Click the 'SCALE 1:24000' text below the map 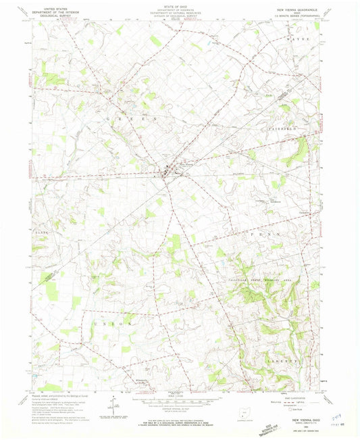tap(178, 398)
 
